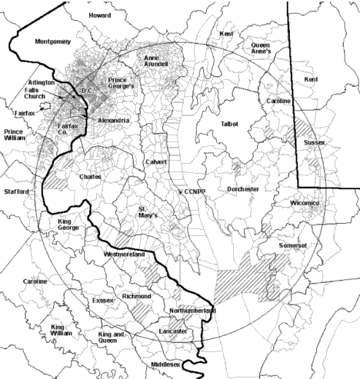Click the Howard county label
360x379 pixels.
click(99, 15)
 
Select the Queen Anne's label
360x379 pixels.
click(262, 49)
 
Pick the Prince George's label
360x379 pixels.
click(122, 82)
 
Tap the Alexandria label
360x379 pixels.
click(113, 121)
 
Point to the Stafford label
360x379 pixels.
click(16, 191)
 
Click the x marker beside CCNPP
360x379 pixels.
click(180, 191)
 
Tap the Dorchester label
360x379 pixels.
click(243, 188)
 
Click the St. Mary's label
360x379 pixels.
click(147, 211)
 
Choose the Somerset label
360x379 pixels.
click(293, 244)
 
